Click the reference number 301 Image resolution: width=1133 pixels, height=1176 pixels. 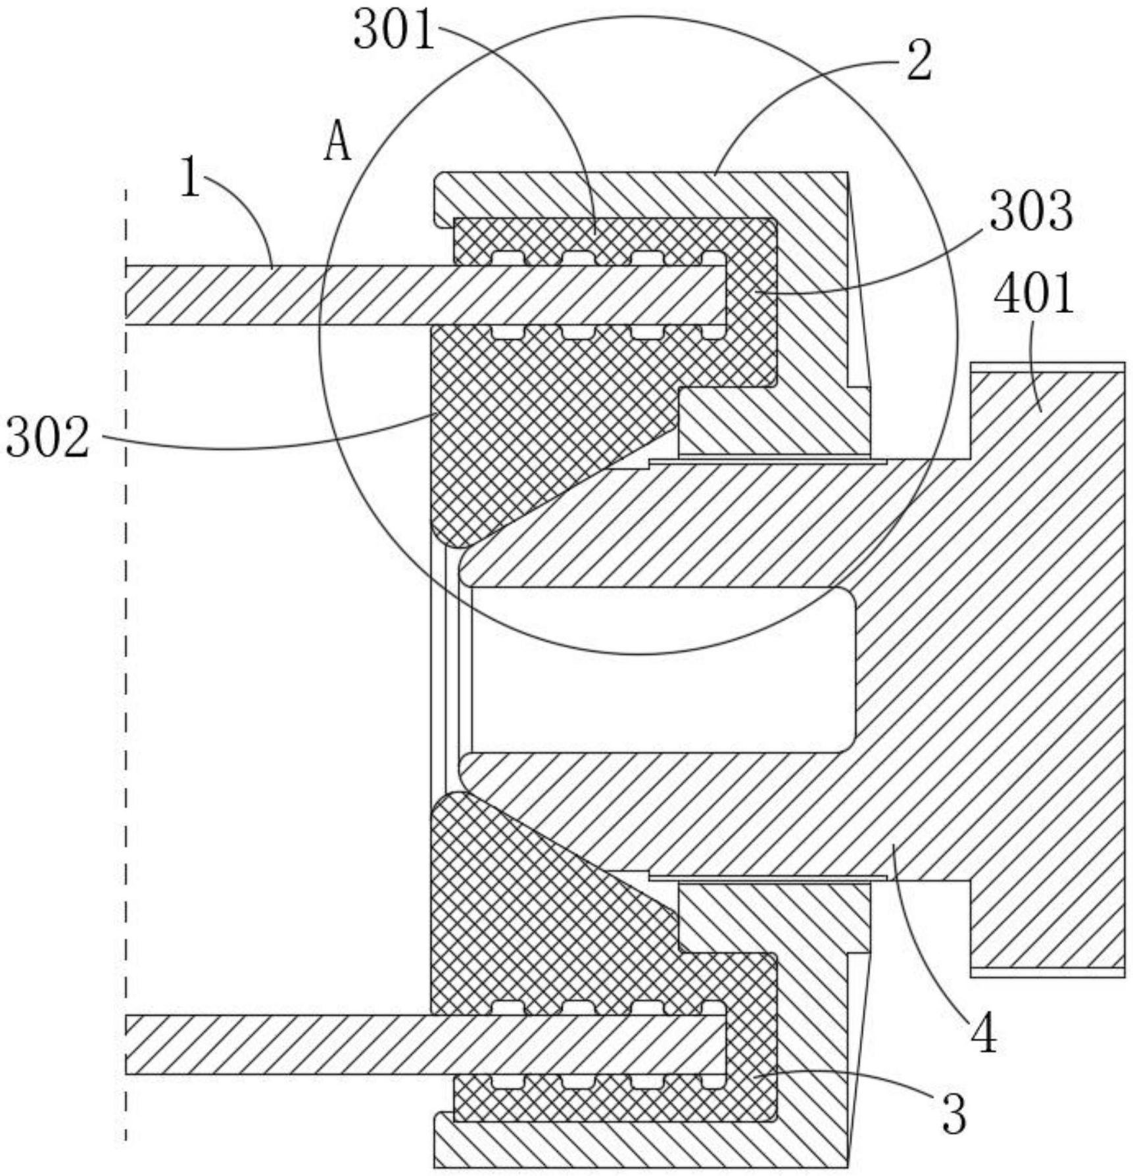tap(394, 32)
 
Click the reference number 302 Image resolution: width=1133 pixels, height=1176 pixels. tap(47, 439)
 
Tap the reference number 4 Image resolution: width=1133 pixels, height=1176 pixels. tap(984, 1035)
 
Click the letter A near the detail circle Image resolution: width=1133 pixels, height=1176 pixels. tap(337, 143)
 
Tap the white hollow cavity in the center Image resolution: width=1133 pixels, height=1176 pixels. tap(658, 669)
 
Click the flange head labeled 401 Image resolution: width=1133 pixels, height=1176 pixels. tap(1046, 657)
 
